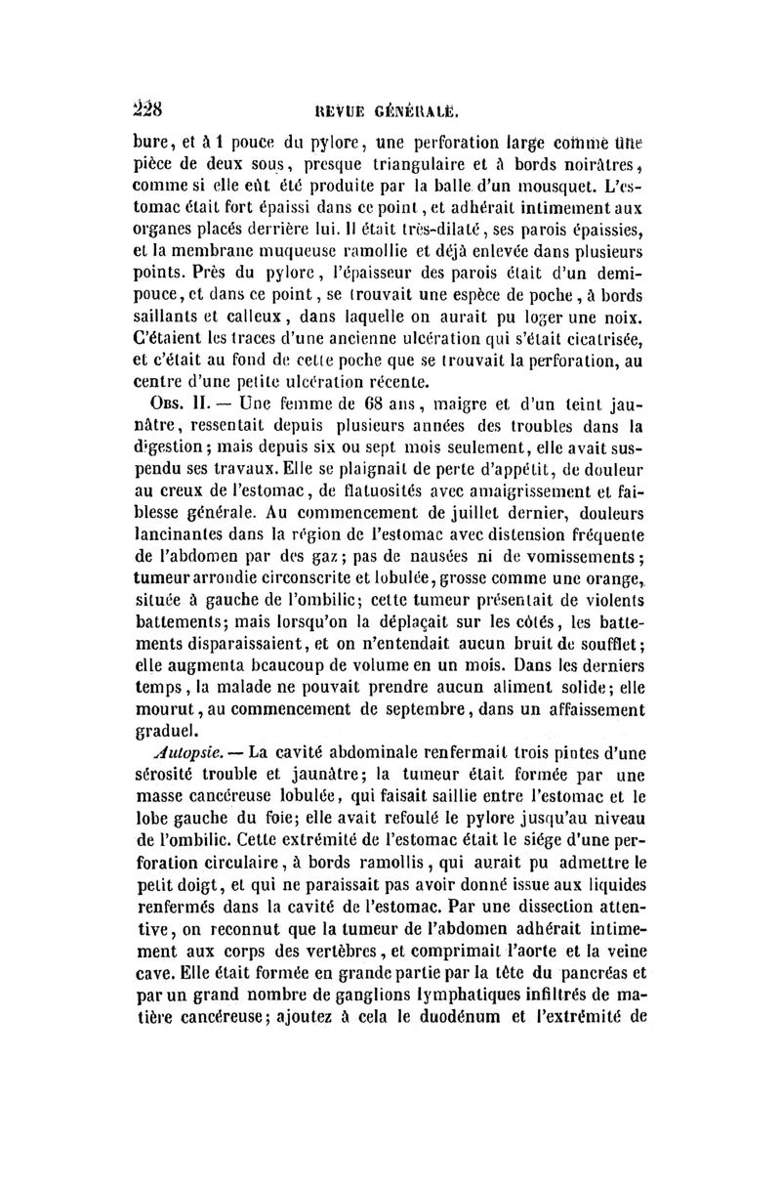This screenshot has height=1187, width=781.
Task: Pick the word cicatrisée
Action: pos(601,340)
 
